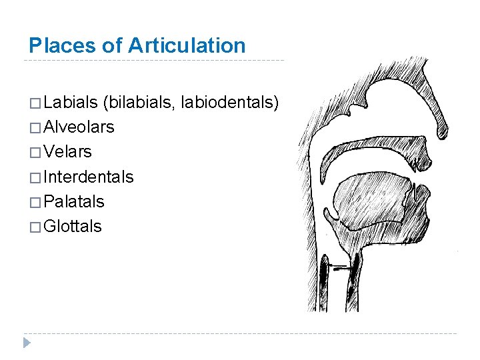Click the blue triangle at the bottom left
pyautogui.click(x=27, y=343)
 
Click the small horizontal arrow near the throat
pyautogui.click(x=341, y=267)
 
